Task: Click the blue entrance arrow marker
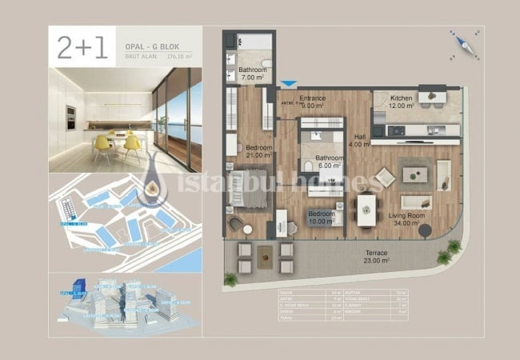pyautogui.click(x=289, y=82)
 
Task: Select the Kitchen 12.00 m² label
pyautogui.click(x=401, y=102)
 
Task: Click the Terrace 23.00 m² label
pyautogui.click(x=377, y=257)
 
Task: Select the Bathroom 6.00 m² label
pyautogui.click(x=330, y=162)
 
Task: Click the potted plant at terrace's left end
pyautogui.click(x=230, y=279)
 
